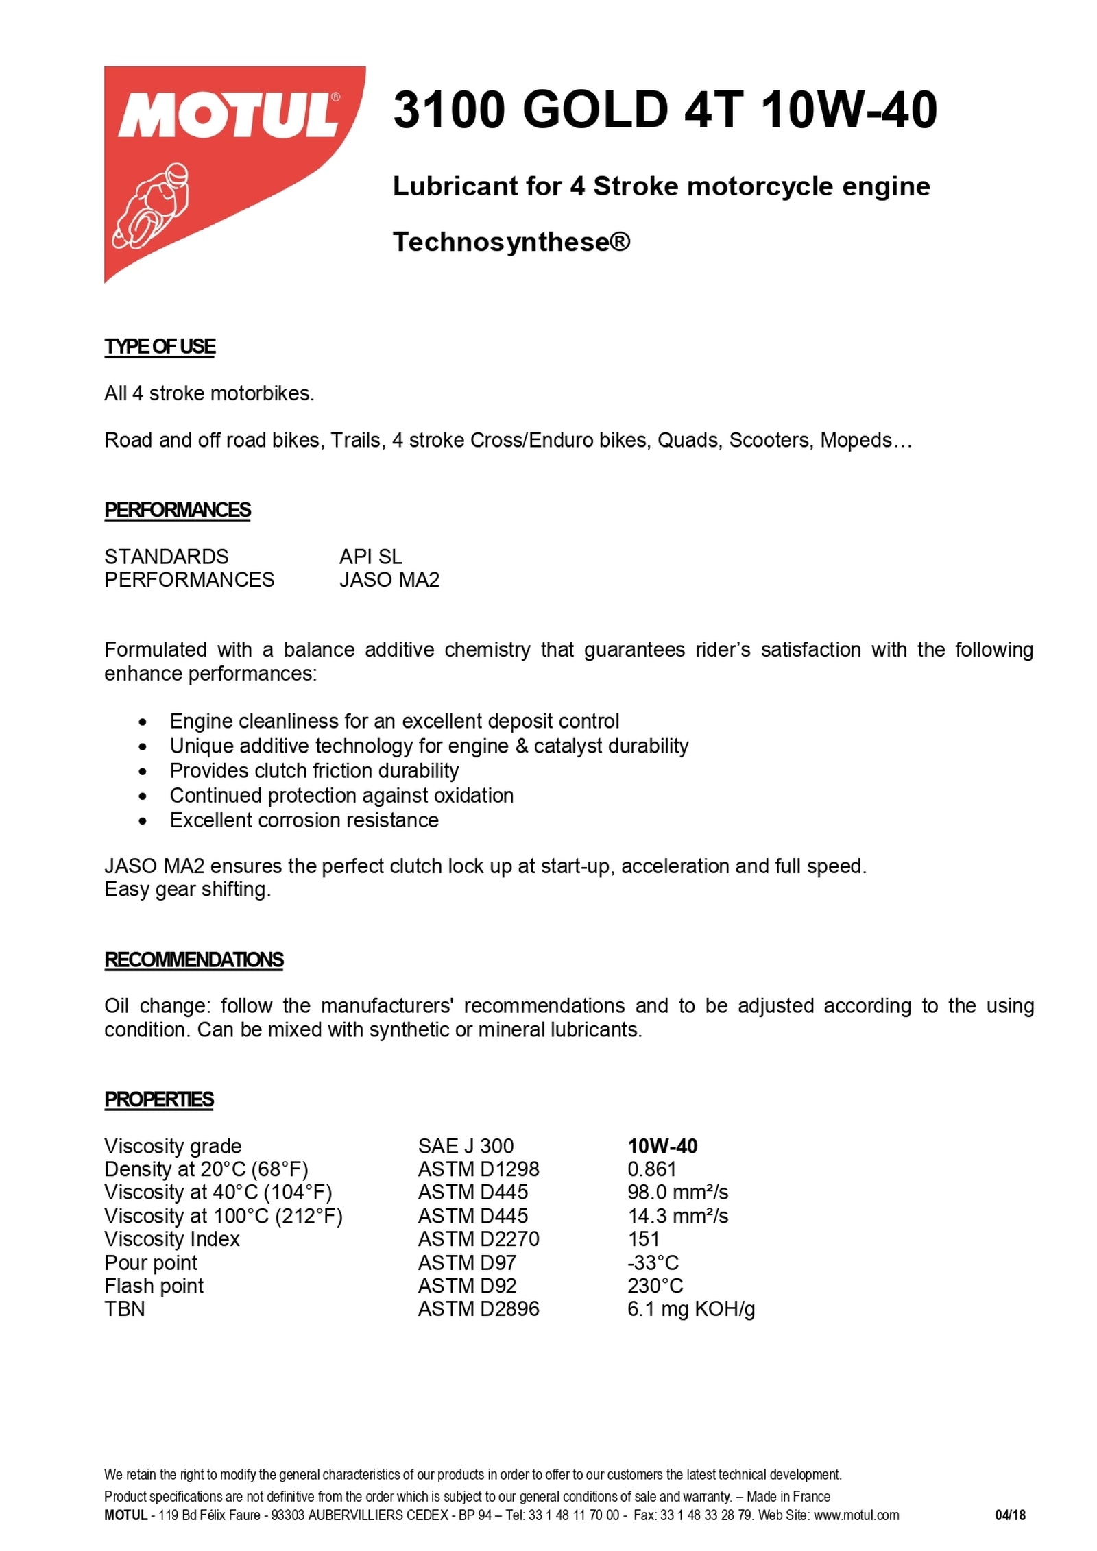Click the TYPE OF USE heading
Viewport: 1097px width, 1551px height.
click(160, 347)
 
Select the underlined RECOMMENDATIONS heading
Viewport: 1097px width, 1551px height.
click(194, 960)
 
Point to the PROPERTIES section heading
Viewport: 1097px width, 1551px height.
click(159, 1099)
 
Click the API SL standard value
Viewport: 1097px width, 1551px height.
click(370, 557)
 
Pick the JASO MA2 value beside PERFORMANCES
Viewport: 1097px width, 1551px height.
click(389, 580)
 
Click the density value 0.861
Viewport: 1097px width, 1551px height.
click(651, 1169)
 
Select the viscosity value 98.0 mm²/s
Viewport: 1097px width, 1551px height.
click(677, 1193)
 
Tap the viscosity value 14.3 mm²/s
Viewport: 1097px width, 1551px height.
click(677, 1216)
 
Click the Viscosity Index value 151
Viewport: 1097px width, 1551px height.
click(643, 1239)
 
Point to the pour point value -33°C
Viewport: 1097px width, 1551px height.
click(653, 1262)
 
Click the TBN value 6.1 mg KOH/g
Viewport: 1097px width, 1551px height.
click(690, 1309)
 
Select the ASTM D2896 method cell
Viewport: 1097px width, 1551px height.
click(479, 1309)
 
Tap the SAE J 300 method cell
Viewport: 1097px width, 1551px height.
click(466, 1146)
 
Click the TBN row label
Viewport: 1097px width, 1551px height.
click(125, 1309)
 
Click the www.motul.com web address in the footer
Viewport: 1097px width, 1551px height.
click(856, 1515)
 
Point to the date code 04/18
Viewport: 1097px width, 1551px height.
click(1010, 1515)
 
